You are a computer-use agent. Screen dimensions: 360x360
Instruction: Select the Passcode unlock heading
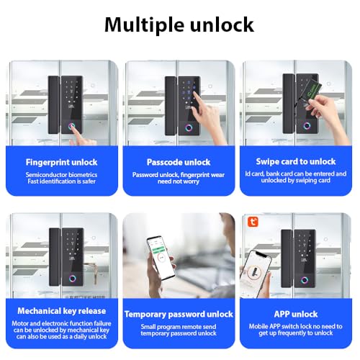pos(179,161)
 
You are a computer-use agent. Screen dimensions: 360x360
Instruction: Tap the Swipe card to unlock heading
pos(296,161)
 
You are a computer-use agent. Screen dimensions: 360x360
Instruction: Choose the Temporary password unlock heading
pos(179,314)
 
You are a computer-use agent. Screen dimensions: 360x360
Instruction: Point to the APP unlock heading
pos(296,313)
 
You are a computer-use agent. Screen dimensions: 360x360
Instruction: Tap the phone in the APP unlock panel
pos(257,273)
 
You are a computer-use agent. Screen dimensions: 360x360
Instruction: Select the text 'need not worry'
pos(179,183)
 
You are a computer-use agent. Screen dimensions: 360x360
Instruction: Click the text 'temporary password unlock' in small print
pos(179,335)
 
